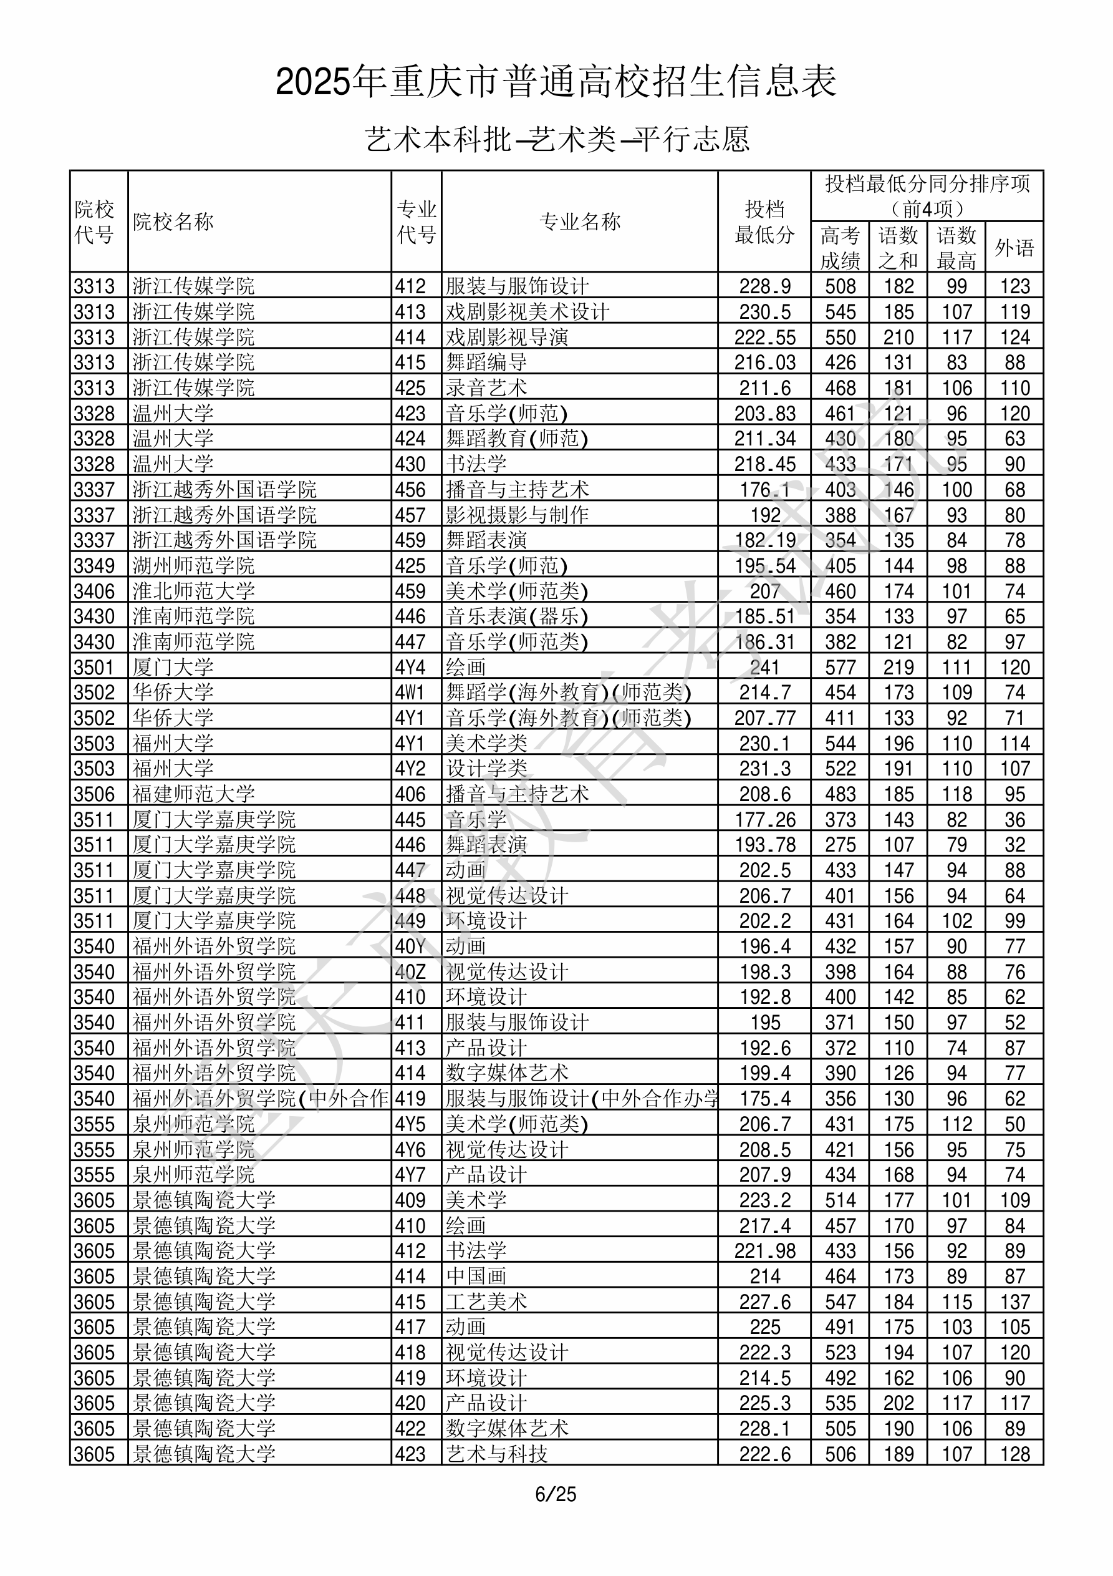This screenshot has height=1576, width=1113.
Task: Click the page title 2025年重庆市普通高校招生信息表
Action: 556,82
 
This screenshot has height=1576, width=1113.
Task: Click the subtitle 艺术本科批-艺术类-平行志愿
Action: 556,139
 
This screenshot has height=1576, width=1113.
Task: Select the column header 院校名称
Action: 173,221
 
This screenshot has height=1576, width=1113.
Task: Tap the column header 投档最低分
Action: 764,221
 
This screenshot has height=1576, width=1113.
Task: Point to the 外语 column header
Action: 1014,248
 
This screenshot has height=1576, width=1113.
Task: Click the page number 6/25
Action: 556,1494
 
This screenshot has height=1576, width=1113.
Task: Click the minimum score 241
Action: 764,667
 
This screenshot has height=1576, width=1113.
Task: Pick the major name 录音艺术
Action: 486,388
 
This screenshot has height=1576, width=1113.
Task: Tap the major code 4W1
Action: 410,693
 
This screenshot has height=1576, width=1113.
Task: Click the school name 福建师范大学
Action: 193,794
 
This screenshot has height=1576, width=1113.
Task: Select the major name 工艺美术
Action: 486,1302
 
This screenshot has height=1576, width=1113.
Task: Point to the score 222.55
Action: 764,337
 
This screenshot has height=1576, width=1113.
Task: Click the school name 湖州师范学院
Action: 193,566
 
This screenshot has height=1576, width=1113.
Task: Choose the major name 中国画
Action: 476,1277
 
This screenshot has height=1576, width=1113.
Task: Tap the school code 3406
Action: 94,591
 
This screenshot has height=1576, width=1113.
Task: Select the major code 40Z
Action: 410,972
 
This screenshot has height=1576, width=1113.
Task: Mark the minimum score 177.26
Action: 764,820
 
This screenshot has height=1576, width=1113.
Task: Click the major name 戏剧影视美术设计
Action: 527,311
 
